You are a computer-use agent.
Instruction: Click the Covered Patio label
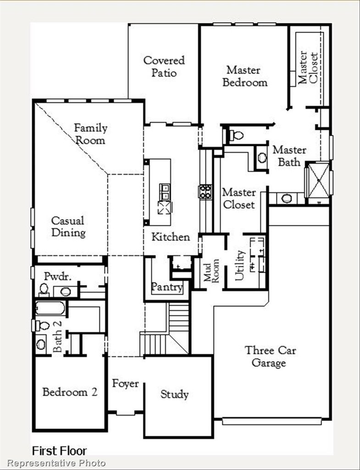click(x=164, y=66)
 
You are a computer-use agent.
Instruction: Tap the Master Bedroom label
click(x=245, y=76)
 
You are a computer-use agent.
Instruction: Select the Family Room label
click(x=90, y=134)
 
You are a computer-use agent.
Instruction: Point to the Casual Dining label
click(x=68, y=226)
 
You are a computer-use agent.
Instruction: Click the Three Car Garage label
click(x=270, y=356)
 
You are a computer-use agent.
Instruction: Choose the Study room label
click(x=175, y=394)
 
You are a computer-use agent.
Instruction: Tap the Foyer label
click(x=126, y=383)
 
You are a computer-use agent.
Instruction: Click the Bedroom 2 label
click(x=70, y=392)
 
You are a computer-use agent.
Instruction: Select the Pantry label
click(x=167, y=287)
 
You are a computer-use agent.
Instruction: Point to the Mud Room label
click(x=211, y=270)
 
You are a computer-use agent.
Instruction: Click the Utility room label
click(x=240, y=265)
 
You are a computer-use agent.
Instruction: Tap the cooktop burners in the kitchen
click(x=205, y=191)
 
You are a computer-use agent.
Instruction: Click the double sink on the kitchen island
click(x=165, y=192)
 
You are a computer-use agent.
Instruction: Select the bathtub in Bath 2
click(x=50, y=308)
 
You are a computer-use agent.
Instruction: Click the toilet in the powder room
click(x=44, y=290)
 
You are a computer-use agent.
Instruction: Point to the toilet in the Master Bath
click(x=236, y=135)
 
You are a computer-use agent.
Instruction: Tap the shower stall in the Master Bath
click(x=319, y=180)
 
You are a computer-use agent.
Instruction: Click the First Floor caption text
click(x=59, y=451)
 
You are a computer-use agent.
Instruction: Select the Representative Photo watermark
click(x=56, y=463)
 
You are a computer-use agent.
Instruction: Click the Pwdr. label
click(x=58, y=276)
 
